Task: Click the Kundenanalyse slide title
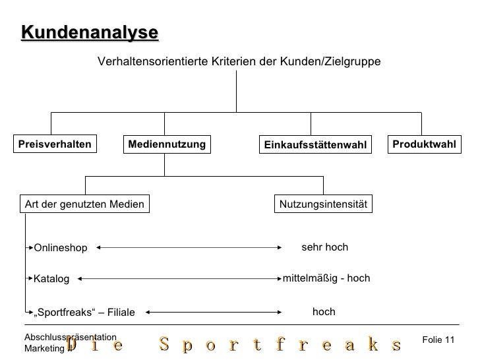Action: tap(89, 32)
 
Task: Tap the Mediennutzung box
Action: tap(166, 144)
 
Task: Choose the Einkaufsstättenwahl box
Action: tap(314, 144)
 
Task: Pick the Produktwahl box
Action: tap(424, 144)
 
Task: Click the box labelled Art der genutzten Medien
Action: tap(84, 204)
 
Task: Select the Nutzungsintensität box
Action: tap(324, 204)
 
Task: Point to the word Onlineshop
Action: tap(61, 248)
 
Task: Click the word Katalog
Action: tap(51, 280)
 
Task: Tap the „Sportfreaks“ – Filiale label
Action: tap(84, 312)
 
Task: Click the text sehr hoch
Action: tap(324, 247)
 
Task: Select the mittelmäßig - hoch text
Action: tap(326, 278)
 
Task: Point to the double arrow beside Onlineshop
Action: tap(190, 248)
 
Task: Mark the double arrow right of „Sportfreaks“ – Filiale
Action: tap(213, 312)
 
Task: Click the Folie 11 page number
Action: tap(438, 339)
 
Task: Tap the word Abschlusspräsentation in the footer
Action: tap(71, 338)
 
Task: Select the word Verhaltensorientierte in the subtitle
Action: tap(153, 61)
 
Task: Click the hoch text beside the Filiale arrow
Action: tap(324, 311)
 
